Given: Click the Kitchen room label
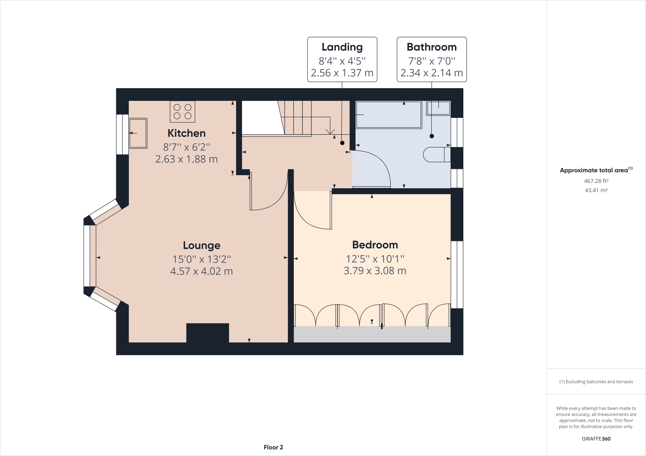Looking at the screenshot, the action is click(187, 133).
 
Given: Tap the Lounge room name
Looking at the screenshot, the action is click(201, 245).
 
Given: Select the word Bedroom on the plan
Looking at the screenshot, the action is click(375, 245).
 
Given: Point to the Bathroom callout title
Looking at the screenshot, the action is click(432, 47).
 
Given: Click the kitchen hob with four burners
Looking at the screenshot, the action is click(182, 112).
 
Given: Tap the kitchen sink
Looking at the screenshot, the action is click(138, 133).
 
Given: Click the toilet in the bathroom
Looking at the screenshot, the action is click(437, 154).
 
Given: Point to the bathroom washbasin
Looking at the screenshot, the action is click(438, 108).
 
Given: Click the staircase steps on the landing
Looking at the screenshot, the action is click(304, 118).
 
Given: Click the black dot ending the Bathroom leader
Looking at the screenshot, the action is click(432, 136).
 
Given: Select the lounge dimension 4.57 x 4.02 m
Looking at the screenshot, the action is click(201, 271).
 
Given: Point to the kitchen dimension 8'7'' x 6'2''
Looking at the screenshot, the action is click(187, 147).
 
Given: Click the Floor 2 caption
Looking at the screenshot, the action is click(273, 447).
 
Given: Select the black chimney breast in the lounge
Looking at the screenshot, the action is click(208, 333).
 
